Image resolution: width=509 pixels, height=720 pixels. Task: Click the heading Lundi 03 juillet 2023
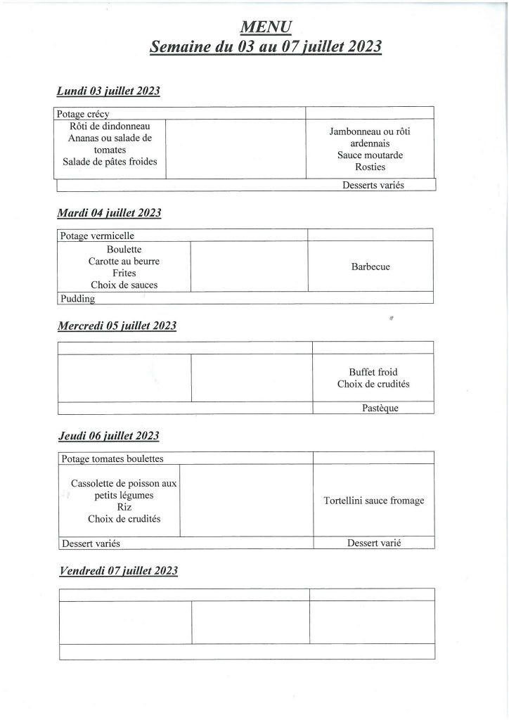[x=108, y=91]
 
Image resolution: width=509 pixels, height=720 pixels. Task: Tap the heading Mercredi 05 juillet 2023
[x=116, y=326]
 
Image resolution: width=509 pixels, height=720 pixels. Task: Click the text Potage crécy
[x=83, y=113]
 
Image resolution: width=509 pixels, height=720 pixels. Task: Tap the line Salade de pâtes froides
[x=110, y=162]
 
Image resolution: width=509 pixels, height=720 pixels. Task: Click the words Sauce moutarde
[x=370, y=155]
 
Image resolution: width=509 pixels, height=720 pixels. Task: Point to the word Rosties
[x=371, y=167]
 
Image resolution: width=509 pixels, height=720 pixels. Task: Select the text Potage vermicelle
[x=97, y=236]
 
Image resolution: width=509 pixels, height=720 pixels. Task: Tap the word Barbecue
[x=371, y=267]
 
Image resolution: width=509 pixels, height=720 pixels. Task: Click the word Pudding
[x=77, y=298]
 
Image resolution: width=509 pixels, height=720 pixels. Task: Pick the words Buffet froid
[x=373, y=372]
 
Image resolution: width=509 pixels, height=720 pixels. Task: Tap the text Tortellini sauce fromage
[x=374, y=501]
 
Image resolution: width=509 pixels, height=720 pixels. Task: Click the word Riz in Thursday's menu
[x=124, y=506]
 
